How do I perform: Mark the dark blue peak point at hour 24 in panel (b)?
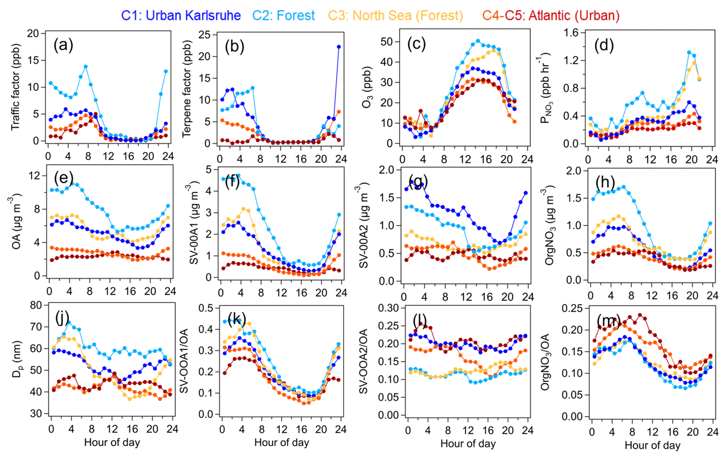pos(339,47)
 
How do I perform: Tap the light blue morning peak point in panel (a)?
pos(85,67)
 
